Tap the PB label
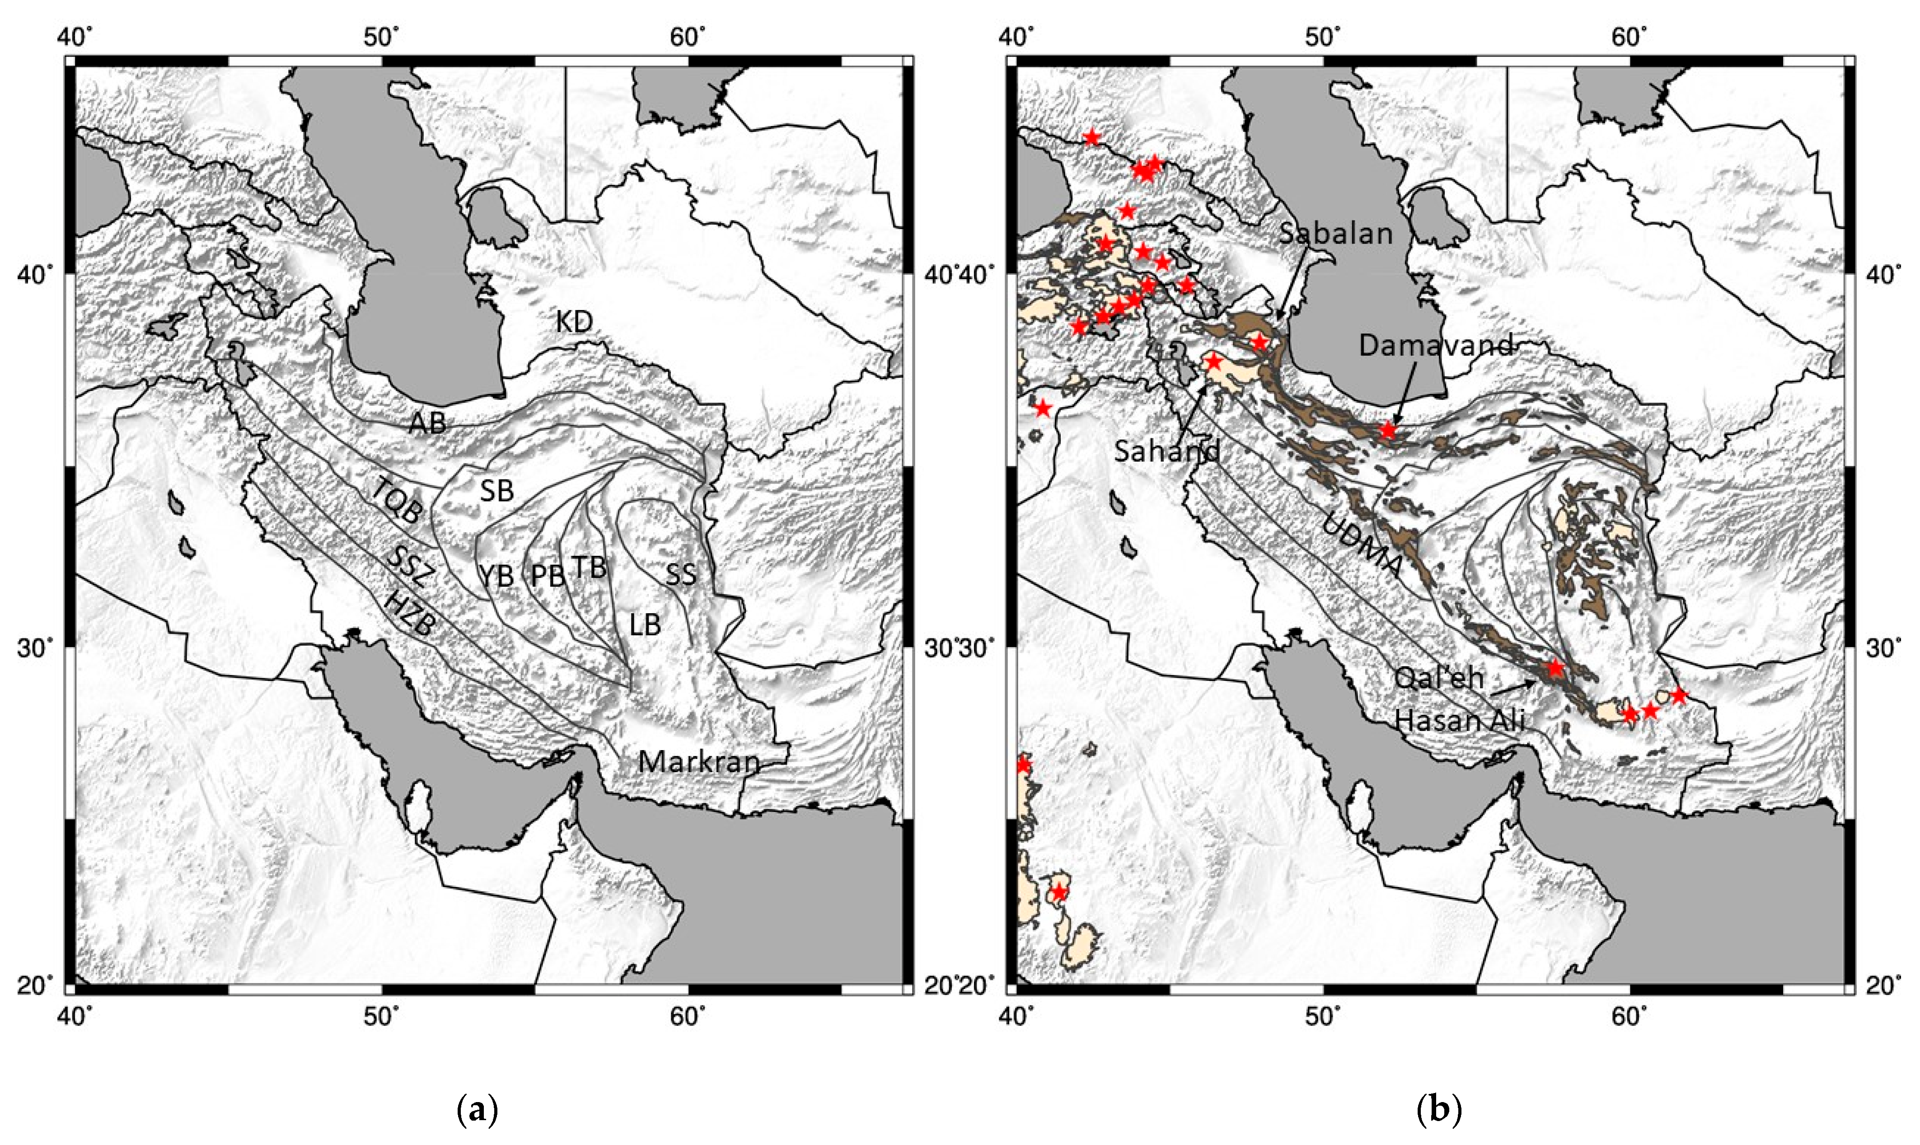[548, 575]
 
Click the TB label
[590, 568]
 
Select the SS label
[681, 574]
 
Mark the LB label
[645, 625]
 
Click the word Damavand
[1436, 345]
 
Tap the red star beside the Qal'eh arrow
[1555, 668]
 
